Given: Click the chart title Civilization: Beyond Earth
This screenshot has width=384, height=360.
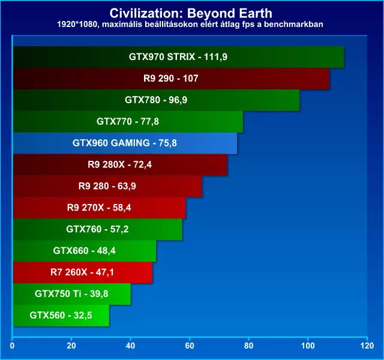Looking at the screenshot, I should pyautogui.click(x=191, y=13).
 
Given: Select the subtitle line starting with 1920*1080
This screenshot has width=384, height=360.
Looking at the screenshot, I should pyautogui.click(x=191, y=25).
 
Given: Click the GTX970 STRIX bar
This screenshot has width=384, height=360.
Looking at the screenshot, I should pyautogui.click(x=178, y=58).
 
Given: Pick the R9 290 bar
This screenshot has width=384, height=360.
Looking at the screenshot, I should pyautogui.click(x=171, y=79).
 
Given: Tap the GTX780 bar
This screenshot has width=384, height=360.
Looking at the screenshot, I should pyautogui.click(x=155, y=100).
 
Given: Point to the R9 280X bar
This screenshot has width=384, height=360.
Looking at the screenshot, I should pyautogui.click(x=120, y=164).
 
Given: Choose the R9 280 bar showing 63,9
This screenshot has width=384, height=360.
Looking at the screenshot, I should pyautogui.click(x=107, y=186).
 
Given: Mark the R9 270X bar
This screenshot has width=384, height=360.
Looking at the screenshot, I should pyautogui.click(x=99, y=208).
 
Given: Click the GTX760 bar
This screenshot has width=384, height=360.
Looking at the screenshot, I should pyautogui.click(x=97, y=229).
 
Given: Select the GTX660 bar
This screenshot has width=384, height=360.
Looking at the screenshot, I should pyautogui.click(x=84, y=251).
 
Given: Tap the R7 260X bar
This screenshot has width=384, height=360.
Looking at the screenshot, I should pyautogui.click(x=82, y=272).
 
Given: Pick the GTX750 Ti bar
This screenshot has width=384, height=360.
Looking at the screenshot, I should pyautogui.click(x=71, y=293).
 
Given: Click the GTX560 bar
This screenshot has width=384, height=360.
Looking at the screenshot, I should pyautogui.click(x=61, y=314).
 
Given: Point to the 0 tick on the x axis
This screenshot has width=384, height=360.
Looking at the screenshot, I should pyautogui.click(x=13, y=346).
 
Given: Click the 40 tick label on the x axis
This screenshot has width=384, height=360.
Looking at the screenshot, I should pyautogui.click(x=131, y=346).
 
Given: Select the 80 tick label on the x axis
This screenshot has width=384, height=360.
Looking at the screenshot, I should pyautogui.click(x=249, y=346).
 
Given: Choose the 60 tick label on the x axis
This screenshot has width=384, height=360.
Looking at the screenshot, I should pyautogui.click(x=190, y=346).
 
